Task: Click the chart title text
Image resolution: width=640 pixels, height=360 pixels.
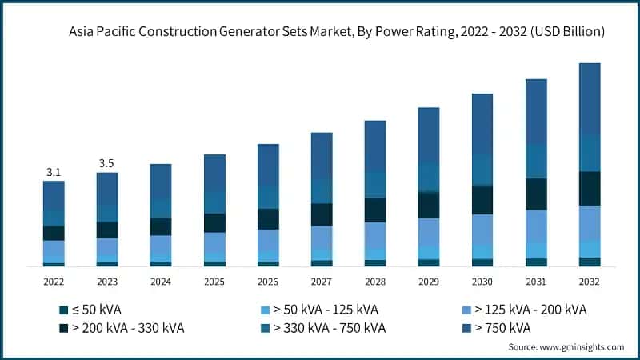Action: click(337, 32)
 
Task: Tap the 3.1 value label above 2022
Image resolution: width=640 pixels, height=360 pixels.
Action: click(54, 171)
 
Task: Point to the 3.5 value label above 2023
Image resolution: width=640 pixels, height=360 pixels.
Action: click(106, 163)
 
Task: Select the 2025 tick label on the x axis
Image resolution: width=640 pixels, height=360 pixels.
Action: click(214, 282)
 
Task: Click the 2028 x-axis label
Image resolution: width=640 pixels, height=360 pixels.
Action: click(374, 282)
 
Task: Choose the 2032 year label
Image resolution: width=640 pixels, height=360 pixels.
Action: click(589, 282)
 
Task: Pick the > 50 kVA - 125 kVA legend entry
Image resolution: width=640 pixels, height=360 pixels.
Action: click(325, 310)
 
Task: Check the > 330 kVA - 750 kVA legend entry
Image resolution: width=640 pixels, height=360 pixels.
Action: click(329, 328)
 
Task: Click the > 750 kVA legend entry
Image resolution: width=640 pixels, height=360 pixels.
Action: click(502, 328)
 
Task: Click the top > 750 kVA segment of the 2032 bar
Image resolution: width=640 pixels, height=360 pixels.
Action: click(589, 98)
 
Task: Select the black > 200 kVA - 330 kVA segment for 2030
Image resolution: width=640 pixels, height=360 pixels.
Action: click(482, 200)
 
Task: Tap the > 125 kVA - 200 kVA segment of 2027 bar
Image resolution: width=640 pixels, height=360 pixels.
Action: click(321, 238)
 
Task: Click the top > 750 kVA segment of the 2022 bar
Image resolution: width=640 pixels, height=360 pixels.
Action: click(54, 195)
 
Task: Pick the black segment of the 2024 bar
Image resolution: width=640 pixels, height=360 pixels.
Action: click(160, 226)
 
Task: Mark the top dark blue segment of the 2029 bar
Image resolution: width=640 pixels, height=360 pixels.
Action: click(428, 134)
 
